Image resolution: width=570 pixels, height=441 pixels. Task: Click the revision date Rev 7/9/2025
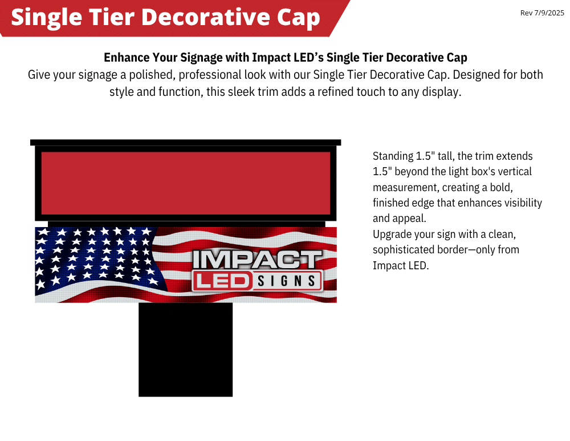pos(542,13)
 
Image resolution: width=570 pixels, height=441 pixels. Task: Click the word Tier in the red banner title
pos(112,17)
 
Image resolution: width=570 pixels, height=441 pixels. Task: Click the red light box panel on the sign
pos(185,183)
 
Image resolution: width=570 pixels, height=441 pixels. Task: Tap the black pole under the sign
pos(185,350)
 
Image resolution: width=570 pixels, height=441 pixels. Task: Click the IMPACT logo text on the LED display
pos(257,260)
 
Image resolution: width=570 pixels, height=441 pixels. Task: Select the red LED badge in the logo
pos(222,281)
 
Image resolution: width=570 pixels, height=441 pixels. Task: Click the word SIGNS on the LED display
pos(287,281)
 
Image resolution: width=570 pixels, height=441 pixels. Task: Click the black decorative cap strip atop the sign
pos(185,142)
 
